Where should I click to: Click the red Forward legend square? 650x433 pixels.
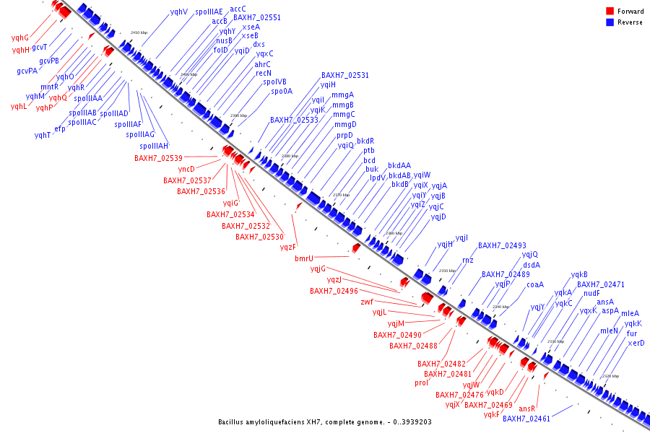(x=610, y=11)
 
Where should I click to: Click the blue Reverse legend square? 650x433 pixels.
(x=610, y=22)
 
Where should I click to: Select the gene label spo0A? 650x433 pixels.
(x=282, y=92)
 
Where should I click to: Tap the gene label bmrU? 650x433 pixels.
(x=304, y=258)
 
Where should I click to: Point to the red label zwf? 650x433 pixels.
(x=367, y=302)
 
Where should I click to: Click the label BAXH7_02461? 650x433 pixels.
(x=526, y=419)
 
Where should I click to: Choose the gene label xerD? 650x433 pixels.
(x=636, y=343)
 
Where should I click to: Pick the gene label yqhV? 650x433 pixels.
(x=179, y=12)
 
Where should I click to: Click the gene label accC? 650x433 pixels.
(x=238, y=9)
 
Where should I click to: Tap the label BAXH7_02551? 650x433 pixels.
(x=257, y=17)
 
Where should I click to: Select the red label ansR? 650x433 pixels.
(x=527, y=408)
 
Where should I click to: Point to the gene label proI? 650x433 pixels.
(x=422, y=382)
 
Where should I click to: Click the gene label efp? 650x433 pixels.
(x=60, y=128)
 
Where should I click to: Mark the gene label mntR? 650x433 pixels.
(x=49, y=87)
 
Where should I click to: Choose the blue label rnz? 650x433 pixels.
(x=468, y=259)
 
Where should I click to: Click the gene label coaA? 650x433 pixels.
(x=535, y=284)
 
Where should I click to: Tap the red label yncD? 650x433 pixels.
(x=186, y=169)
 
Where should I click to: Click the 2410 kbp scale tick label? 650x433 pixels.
(x=139, y=32)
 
